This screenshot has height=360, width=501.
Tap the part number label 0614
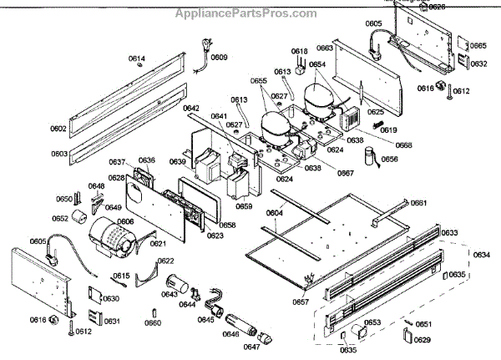point(137,58)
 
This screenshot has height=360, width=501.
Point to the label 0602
point(58,129)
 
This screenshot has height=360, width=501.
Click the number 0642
point(191,109)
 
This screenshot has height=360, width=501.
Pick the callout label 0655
point(259,81)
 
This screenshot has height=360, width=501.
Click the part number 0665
point(478,46)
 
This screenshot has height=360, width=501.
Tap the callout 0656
point(390,159)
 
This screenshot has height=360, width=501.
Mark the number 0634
point(482,255)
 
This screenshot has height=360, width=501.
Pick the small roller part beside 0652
point(80,219)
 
